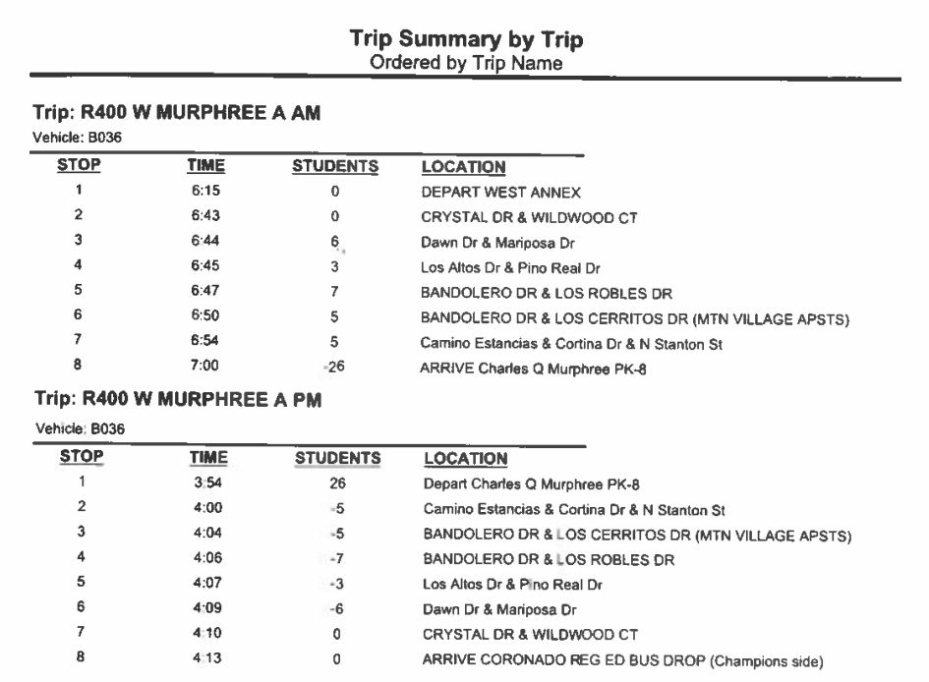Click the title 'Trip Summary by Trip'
click(466, 39)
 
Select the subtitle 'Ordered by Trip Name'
click(466, 62)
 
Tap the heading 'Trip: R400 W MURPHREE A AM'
click(178, 115)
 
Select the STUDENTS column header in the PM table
click(337, 458)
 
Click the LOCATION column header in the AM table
click(463, 168)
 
